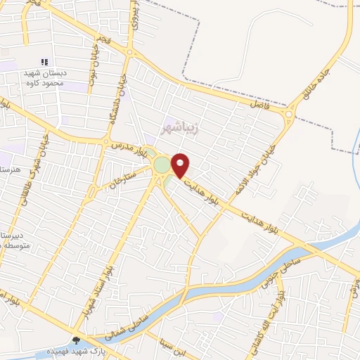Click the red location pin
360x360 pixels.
181,165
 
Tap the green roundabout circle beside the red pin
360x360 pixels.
162,165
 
